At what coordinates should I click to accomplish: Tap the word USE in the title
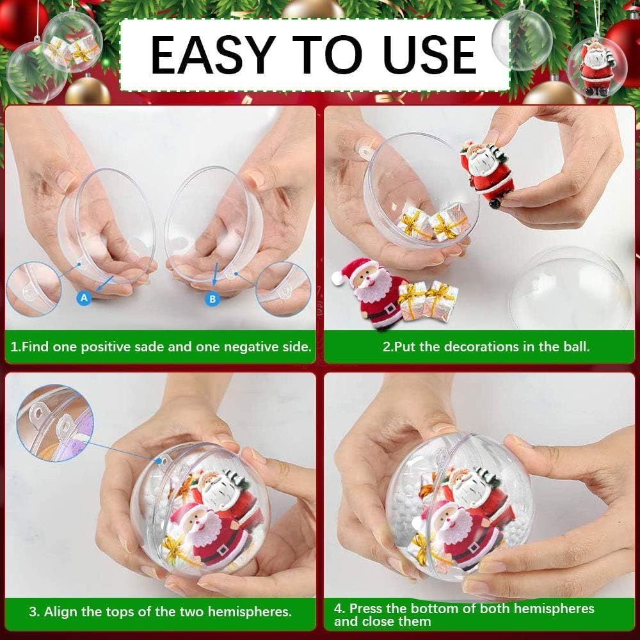pyautogui.click(x=429, y=54)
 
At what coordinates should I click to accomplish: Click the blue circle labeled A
pyautogui.click(x=84, y=298)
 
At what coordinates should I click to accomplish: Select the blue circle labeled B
pyautogui.click(x=212, y=299)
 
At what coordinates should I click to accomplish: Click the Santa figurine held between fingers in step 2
pyautogui.click(x=486, y=173)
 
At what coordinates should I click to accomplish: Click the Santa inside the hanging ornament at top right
pyautogui.click(x=596, y=68)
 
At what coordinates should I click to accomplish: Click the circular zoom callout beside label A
pyautogui.click(x=34, y=289)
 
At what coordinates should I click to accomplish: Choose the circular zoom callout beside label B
pyautogui.click(x=284, y=288)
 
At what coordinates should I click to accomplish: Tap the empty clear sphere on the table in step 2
pyautogui.click(x=571, y=289)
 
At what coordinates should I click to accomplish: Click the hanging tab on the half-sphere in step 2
pyautogui.click(x=365, y=151)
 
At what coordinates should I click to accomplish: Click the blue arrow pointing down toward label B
pyautogui.click(x=215, y=275)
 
